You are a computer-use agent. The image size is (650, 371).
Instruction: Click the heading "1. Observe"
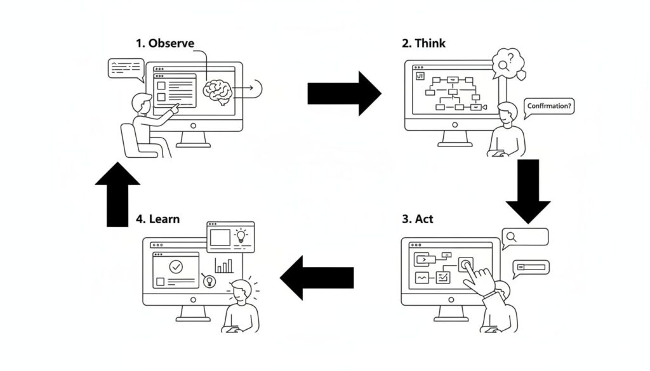tap(165, 43)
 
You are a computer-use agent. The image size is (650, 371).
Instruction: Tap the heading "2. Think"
tap(423, 43)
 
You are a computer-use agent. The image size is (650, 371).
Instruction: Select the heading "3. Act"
tap(417, 219)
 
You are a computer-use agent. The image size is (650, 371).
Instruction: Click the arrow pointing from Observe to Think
tap(343, 93)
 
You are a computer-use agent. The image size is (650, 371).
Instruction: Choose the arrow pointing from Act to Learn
tap(317, 277)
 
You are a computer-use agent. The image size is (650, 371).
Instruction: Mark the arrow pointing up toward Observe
tap(117, 193)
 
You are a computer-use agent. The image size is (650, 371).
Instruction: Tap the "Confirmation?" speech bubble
tap(549, 107)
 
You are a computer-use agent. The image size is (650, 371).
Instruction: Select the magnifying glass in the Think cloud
tap(505, 64)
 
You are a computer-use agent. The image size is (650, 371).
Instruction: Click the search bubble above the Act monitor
tap(524, 238)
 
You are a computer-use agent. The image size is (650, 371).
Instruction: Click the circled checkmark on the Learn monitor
tap(176, 266)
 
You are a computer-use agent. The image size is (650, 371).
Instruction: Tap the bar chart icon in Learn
tap(223, 266)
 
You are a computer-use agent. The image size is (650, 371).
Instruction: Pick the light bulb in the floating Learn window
tap(241, 236)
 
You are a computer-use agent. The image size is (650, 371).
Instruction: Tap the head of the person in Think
tap(507, 114)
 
